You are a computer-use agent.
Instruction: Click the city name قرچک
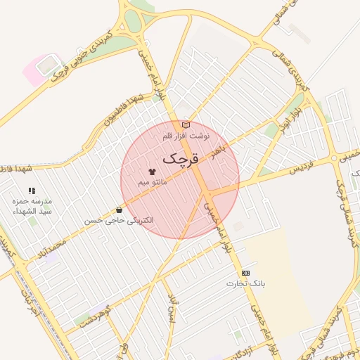(x=181, y=160)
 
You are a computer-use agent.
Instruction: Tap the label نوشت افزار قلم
(x=186, y=134)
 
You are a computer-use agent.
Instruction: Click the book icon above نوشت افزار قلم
(x=186, y=124)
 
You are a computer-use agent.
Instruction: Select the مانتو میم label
(x=153, y=182)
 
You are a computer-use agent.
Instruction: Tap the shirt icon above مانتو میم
(x=153, y=171)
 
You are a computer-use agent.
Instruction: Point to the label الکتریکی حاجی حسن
(x=117, y=220)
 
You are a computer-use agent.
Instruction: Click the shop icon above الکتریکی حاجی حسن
(x=118, y=210)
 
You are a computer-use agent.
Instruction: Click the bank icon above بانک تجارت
(x=245, y=272)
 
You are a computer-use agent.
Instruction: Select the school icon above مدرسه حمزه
(x=32, y=191)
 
